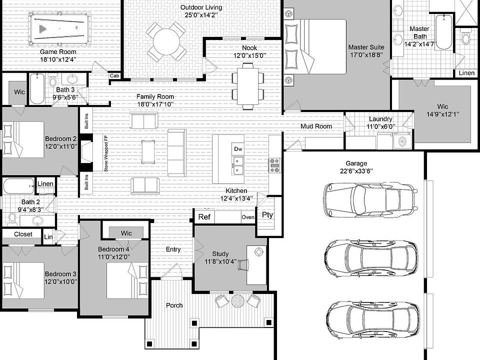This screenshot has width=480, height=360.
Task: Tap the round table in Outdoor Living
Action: (166, 41)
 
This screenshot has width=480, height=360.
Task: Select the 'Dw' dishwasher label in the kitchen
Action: (238, 149)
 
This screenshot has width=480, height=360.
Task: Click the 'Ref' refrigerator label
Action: (204, 217)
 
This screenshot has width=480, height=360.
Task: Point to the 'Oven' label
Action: (247, 217)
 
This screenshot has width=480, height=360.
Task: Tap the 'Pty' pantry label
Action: (267, 215)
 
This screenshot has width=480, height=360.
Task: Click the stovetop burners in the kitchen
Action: (274, 165)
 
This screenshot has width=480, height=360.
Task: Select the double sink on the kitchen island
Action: (238, 165)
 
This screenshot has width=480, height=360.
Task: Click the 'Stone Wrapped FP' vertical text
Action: (106, 153)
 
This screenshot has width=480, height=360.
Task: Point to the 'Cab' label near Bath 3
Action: (114, 75)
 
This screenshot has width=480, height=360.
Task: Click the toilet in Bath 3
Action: (53, 80)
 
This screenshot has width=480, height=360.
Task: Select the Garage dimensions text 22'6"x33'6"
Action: (356, 171)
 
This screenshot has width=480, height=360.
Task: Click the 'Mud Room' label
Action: (316, 126)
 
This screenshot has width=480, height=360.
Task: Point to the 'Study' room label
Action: (220, 254)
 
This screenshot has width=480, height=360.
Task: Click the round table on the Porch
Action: (237, 300)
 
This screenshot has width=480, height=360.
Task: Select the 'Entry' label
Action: (173, 249)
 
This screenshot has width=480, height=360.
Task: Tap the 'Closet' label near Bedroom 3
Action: (23, 234)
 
